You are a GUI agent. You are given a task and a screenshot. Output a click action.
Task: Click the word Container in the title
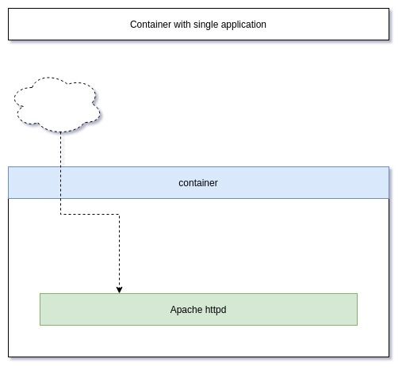pyautogui.click(x=151, y=25)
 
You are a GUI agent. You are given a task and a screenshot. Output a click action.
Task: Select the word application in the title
pyautogui.click(x=243, y=25)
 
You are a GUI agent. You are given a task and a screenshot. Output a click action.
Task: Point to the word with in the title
pyautogui.click(x=182, y=25)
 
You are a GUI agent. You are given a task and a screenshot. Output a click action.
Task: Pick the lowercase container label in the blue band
pyautogui.click(x=198, y=183)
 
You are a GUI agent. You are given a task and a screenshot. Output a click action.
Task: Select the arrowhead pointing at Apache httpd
pyautogui.click(x=119, y=290)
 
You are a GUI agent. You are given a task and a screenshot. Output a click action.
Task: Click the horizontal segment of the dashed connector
pyautogui.click(x=90, y=214)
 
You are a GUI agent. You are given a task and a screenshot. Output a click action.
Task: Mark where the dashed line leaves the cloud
pyautogui.click(x=60, y=132)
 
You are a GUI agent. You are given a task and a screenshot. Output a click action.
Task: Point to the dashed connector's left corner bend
pyautogui.click(x=60, y=214)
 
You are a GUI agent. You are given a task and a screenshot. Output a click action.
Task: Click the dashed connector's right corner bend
pyautogui.click(x=119, y=214)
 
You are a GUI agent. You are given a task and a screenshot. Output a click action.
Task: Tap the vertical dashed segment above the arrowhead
pyautogui.click(x=119, y=250)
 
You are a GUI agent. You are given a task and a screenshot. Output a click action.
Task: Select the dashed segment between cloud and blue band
pyautogui.click(x=60, y=150)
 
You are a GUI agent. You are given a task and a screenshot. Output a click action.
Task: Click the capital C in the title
pyautogui.click(x=133, y=25)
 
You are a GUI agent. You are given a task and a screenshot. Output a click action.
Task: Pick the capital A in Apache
pyautogui.click(x=174, y=310)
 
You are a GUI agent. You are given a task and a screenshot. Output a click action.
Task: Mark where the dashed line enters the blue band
pyautogui.click(x=60, y=167)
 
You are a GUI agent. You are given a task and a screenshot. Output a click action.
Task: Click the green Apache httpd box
pyautogui.click(x=198, y=309)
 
